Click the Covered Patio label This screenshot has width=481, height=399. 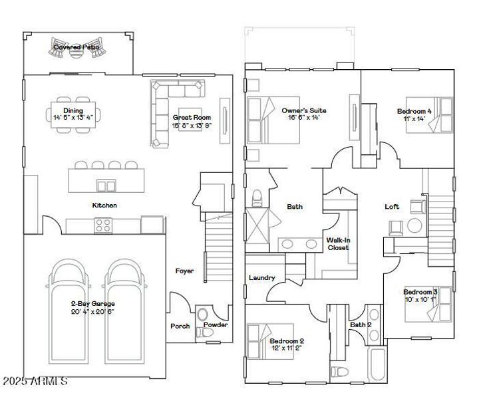[77, 47]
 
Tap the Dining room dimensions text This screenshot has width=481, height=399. [73, 117]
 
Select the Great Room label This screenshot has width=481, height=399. [192, 117]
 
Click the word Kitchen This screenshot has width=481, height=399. [104, 205]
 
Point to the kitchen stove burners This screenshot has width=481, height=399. [103, 226]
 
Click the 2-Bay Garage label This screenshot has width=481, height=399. [93, 304]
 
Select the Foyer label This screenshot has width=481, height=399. [184, 271]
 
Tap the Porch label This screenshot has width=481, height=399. [180, 326]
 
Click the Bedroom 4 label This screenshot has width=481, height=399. [414, 111]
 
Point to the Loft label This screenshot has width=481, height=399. [393, 207]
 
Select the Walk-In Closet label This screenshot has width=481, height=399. [337, 243]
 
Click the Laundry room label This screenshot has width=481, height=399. [261, 278]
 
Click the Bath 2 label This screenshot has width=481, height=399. [361, 325]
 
